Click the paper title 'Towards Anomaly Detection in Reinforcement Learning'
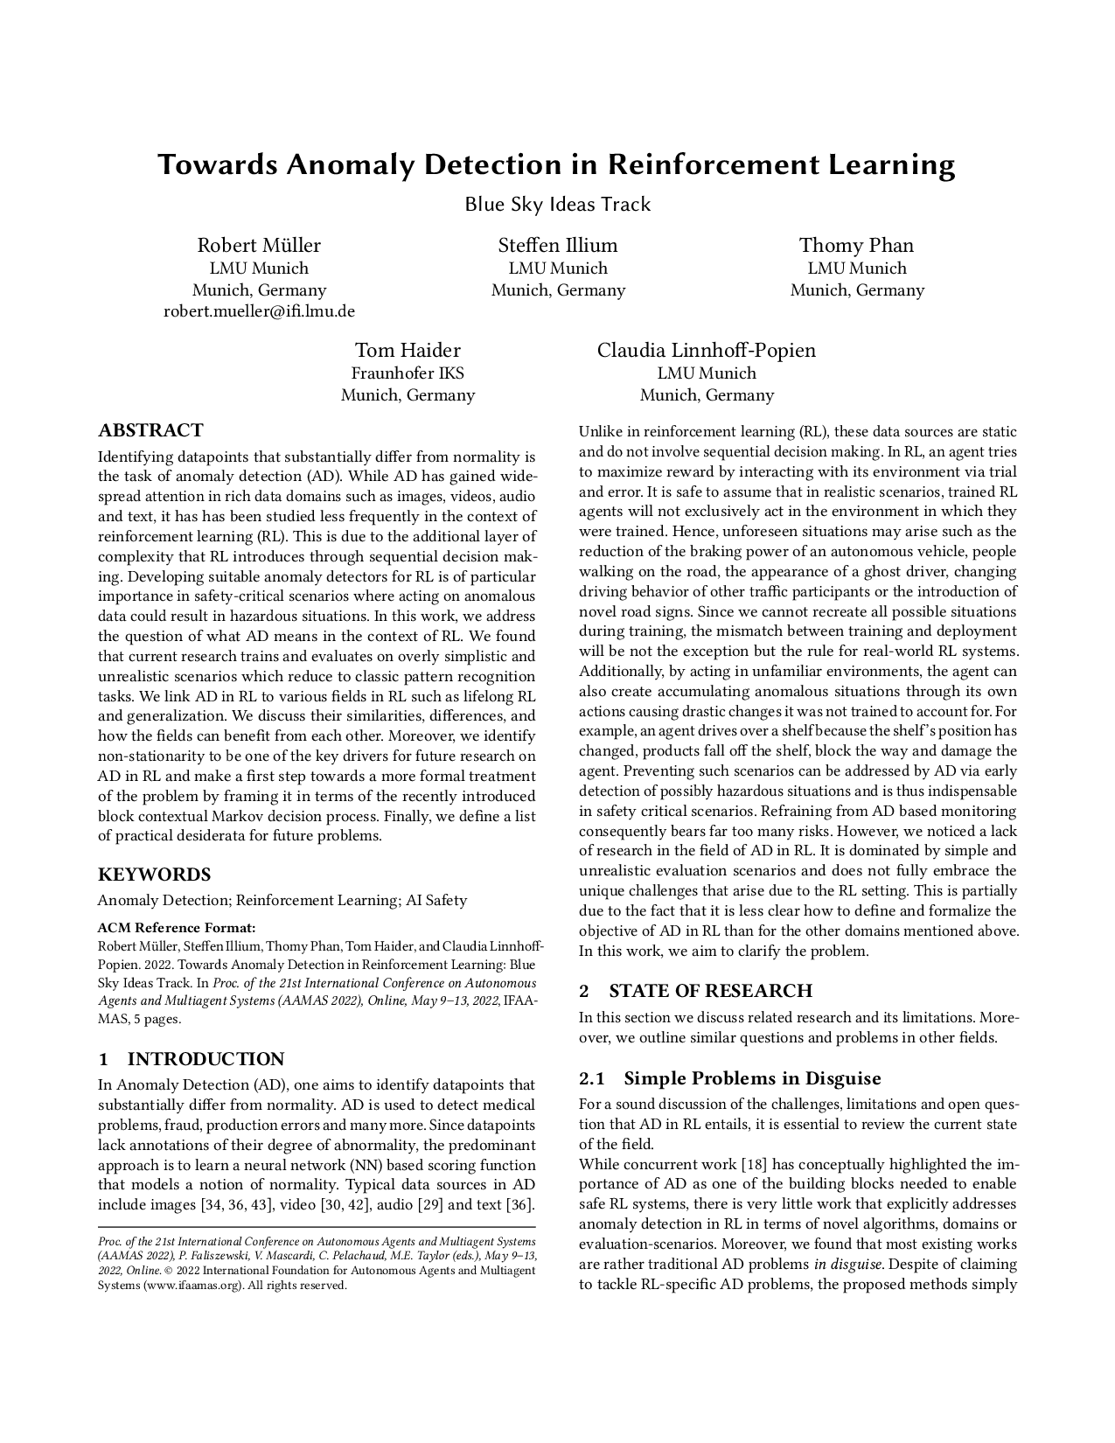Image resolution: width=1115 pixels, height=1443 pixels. pyautogui.click(x=556, y=164)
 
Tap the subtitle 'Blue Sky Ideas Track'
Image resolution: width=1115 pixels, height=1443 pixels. pyautogui.click(x=557, y=205)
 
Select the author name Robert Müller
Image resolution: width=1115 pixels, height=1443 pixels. pyautogui.click(x=259, y=245)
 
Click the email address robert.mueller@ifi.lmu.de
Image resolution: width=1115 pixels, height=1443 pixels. pyautogui.click(x=259, y=311)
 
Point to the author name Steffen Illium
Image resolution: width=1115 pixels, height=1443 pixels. pyautogui.click(x=558, y=245)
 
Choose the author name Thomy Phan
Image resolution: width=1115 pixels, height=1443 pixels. pyautogui.click(x=856, y=245)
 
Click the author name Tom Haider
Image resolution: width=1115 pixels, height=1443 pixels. pyautogui.click(x=408, y=351)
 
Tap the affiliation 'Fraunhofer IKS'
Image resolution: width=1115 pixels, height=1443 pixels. pyautogui.click(x=408, y=373)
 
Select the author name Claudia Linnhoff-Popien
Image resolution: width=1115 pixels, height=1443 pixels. pyautogui.click(x=706, y=351)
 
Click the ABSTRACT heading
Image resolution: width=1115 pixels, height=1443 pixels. pyautogui.click(x=150, y=430)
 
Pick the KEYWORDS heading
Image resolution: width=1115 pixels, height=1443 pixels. pyautogui.click(x=154, y=875)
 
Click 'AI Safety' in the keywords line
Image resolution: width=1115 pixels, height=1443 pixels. pyautogui.click(x=436, y=900)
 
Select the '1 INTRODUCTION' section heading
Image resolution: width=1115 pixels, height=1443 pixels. pyautogui.click(x=191, y=1059)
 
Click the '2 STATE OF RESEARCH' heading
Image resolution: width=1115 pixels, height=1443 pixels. pyautogui.click(x=695, y=991)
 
